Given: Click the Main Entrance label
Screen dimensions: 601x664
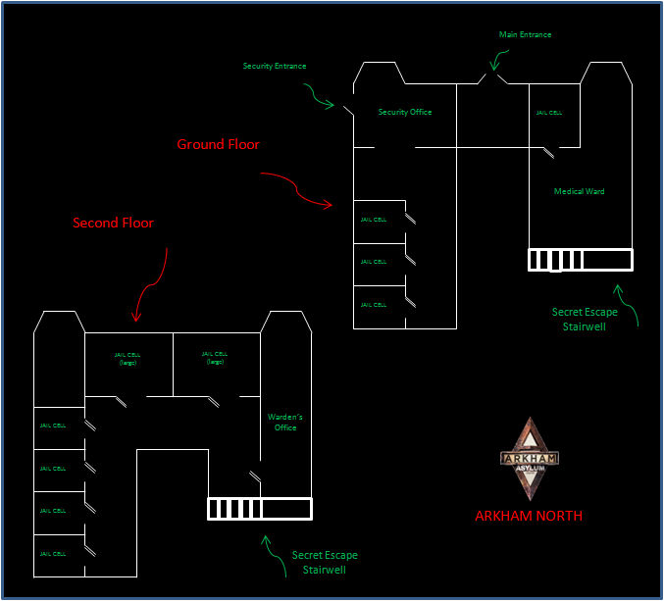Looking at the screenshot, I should [x=526, y=34].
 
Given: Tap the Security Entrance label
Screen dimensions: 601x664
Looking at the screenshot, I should [x=275, y=66].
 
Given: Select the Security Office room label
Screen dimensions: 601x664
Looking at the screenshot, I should [x=405, y=113].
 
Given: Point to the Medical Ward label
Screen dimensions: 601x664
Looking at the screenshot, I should [x=579, y=192].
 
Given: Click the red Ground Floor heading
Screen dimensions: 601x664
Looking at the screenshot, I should [x=218, y=144].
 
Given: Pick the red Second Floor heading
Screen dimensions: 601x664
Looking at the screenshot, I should [x=113, y=223].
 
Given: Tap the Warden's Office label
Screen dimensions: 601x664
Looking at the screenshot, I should [x=285, y=422].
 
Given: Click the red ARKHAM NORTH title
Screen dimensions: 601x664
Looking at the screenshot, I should [x=529, y=516].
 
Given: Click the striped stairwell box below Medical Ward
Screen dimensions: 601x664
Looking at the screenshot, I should [x=580, y=260].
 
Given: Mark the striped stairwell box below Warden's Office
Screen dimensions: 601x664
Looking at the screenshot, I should [x=259, y=509].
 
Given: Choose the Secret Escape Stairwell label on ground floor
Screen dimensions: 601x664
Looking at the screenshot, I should [x=585, y=320].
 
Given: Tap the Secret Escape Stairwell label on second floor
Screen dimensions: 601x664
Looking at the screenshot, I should [x=325, y=562].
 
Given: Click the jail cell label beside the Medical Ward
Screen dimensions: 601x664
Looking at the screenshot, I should [x=549, y=113].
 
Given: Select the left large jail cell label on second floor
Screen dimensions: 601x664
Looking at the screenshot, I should [x=128, y=358].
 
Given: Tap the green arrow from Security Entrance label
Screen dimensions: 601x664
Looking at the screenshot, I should [x=318, y=94].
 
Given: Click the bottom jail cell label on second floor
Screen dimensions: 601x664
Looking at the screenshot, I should [x=53, y=554].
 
